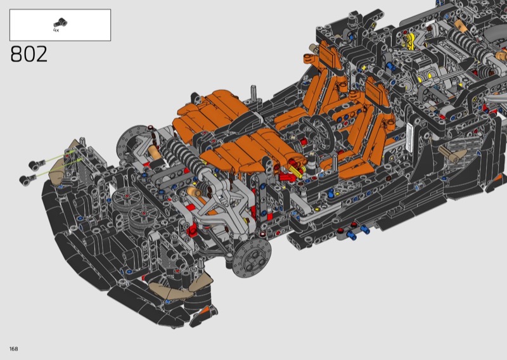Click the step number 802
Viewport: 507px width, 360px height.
[29, 54]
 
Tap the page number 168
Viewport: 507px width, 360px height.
[13, 349]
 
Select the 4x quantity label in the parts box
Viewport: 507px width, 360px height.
[56, 30]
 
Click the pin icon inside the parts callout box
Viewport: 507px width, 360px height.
[60, 23]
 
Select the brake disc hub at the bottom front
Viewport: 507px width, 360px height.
[252, 258]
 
